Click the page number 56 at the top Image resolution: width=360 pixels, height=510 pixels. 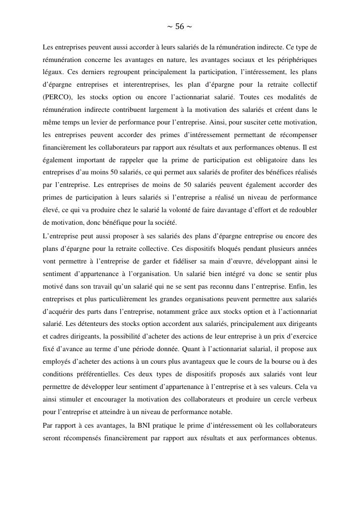coord(180,27)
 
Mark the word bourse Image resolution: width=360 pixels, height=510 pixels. coord(280,362)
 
